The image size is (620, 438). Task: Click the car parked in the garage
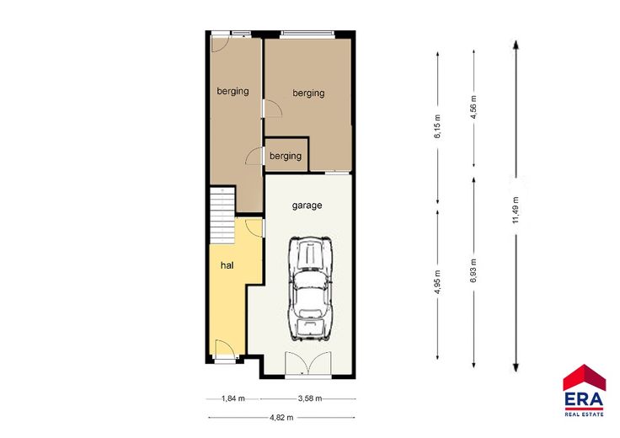pos(311,289)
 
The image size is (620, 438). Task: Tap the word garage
pos(307,206)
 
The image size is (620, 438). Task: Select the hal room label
pos(227,265)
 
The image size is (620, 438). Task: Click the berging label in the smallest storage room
pos(286,156)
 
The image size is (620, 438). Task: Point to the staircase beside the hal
pos(222,216)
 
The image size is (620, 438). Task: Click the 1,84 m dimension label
pos(232,398)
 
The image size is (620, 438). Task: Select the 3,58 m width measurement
pos(310,398)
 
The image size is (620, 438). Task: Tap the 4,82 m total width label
pos(281,418)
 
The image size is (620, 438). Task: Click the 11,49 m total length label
pos(516,210)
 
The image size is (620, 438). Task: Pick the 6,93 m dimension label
pos(473,270)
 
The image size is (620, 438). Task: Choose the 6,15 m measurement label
pos(437,126)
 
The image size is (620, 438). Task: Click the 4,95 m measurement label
pos(437,282)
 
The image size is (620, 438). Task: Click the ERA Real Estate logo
pos(584,391)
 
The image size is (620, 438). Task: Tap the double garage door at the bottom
pos(308,363)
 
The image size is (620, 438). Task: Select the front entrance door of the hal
pos(225,349)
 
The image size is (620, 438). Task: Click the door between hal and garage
pos(254,227)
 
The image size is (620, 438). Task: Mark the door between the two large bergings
pos(272,109)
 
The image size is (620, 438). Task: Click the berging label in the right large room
pos(308,93)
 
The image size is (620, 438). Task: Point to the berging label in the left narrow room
pos(232,91)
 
